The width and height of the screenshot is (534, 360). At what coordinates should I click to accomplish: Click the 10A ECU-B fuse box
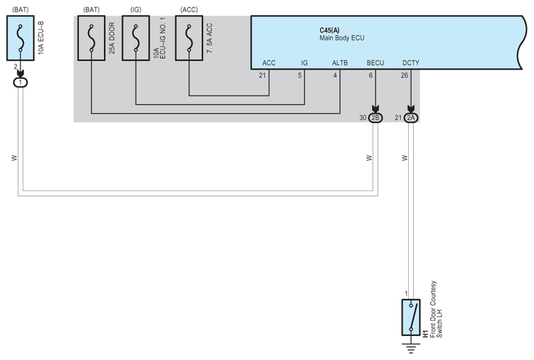(x=21, y=40)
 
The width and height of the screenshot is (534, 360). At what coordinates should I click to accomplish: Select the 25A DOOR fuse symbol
(x=91, y=40)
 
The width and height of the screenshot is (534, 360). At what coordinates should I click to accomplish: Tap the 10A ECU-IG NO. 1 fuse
(x=136, y=40)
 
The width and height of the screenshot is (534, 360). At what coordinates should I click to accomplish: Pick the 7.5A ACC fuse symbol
(x=189, y=40)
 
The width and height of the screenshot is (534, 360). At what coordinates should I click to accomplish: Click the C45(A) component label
(x=330, y=31)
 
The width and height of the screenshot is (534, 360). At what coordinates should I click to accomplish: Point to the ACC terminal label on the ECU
(x=269, y=63)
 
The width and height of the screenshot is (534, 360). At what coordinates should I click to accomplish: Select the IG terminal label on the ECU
(x=304, y=63)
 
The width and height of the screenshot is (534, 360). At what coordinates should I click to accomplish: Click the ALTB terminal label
(x=340, y=63)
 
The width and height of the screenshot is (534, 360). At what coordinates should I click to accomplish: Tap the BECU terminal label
(x=375, y=63)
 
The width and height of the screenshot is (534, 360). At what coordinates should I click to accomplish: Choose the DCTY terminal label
(x=411, y=63)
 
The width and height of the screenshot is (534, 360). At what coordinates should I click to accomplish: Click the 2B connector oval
(x=375, y=117)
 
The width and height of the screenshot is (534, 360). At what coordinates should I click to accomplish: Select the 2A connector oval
(x=411, y=117)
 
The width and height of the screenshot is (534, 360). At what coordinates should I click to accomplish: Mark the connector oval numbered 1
(x=21, y=82)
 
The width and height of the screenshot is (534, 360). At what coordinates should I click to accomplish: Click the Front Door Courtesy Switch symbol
(x=410, y=317)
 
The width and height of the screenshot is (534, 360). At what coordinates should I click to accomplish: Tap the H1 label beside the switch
(x=425, y=333)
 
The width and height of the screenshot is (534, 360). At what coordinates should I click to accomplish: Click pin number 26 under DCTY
(x=405, y=75)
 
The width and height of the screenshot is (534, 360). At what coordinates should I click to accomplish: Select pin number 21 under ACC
(x=263, y=75)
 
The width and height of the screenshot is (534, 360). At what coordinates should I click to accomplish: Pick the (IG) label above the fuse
(x=135, y=10)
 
